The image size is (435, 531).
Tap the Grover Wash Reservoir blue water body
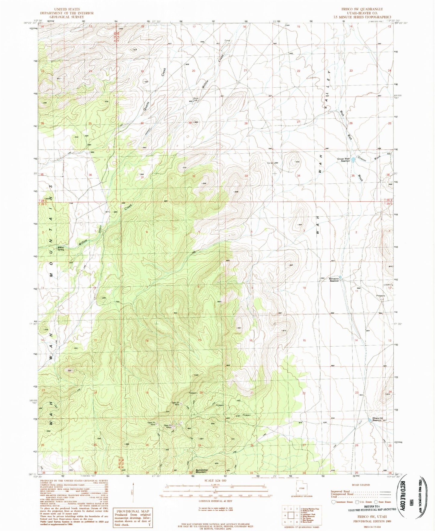click(353, 160)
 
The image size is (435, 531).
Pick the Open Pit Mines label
click(168, 426)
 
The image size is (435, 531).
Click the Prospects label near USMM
click(381, 296)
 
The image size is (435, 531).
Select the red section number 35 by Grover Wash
click(353, 175)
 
